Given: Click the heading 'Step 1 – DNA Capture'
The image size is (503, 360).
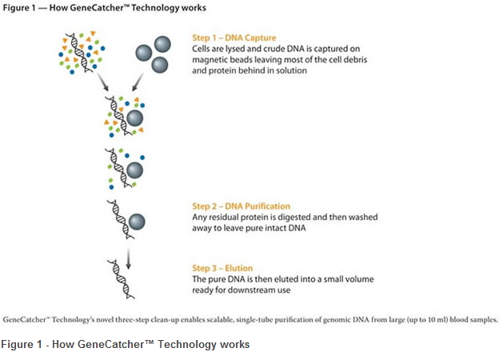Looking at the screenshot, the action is click(234, 38).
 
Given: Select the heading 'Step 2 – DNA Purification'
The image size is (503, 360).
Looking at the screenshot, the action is click(241, 206).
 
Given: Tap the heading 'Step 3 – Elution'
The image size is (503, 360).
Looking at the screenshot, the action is click(222, 268).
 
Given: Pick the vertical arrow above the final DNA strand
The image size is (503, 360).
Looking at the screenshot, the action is click(128, 258).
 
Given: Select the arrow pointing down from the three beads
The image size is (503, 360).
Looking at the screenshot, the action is click(138, 82).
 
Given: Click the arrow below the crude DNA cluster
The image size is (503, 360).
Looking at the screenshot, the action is click(103, 82).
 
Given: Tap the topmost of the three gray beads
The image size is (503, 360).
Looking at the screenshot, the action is click(162, 44).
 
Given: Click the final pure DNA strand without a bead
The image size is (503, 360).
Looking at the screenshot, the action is click(121, 279).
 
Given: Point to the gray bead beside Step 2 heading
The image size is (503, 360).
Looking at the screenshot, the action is click(137, 222).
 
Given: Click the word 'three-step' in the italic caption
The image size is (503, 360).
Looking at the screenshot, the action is click(132, 320).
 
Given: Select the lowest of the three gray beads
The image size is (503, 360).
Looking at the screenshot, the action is click(159, 65).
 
